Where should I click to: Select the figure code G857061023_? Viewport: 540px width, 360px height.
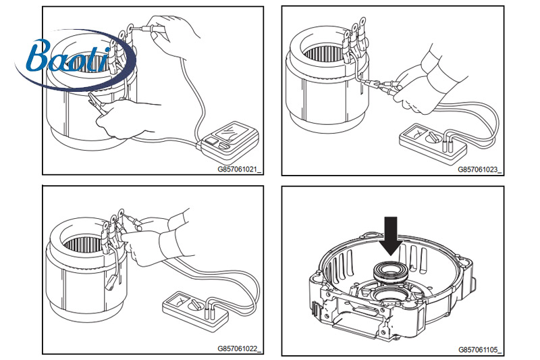coord(481,170)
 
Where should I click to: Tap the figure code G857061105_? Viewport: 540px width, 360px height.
coord(481,349)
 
